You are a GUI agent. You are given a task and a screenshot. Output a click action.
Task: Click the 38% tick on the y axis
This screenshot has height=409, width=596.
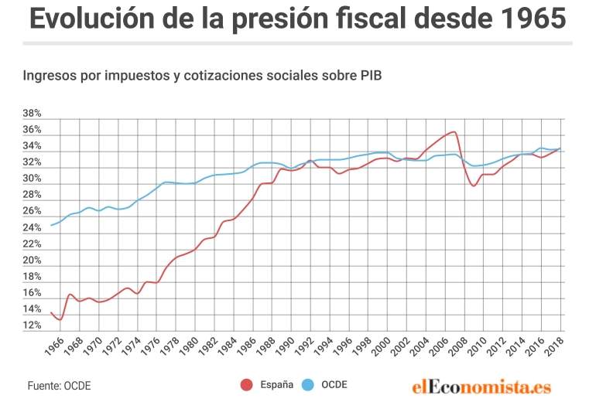click(x=32, y=113)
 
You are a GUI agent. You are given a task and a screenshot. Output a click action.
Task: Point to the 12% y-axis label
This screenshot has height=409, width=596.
click(x=32, y=325)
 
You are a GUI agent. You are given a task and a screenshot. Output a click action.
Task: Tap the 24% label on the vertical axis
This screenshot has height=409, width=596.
click(x=32, y=227)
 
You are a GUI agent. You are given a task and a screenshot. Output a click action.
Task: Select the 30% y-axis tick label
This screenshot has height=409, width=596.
click(x=32, y=179)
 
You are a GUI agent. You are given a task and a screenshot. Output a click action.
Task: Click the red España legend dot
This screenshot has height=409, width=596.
click(x=247, y=385)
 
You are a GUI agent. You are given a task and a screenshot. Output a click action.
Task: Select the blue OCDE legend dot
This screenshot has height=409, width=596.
click(x=307, y=385)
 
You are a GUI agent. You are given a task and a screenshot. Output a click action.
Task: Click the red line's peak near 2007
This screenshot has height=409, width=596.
click(x=454, y=131)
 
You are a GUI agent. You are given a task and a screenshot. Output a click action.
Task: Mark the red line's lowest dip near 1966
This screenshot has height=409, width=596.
click(x=60, y=319)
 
